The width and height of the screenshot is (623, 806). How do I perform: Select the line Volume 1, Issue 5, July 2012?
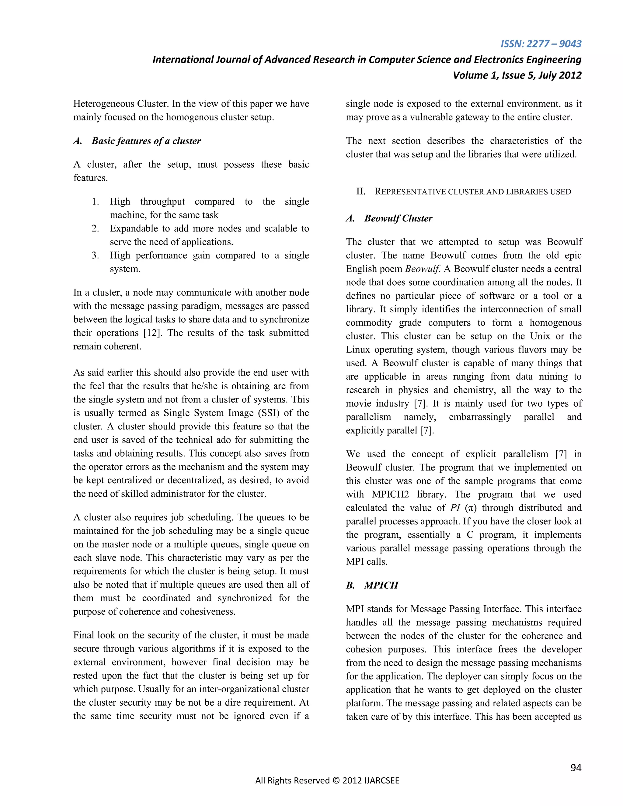(517, 75)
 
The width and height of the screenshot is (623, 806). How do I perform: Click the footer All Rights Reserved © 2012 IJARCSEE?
(327, 780)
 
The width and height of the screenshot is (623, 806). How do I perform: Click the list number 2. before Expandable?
(95, 228)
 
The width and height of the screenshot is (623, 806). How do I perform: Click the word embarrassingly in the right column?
(480, 417)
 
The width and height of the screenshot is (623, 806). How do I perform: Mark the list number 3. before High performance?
(95, 255)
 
